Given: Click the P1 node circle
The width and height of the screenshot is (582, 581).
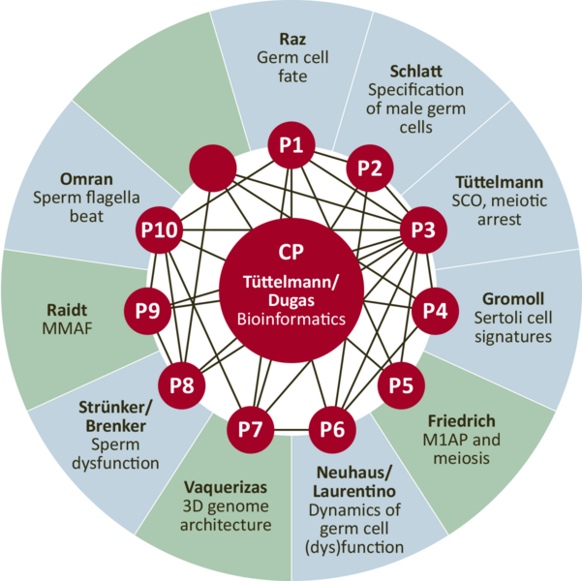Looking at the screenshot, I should click(x=291, y=147).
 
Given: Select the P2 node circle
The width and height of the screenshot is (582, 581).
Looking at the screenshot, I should click(x=369, y=168).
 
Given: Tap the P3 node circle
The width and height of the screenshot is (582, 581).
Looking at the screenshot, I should click(x=423, y=230).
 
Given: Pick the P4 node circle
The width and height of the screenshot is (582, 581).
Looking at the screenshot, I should click(x=435, y=311).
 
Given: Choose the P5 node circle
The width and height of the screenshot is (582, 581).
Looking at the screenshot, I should click(x=400, y=384).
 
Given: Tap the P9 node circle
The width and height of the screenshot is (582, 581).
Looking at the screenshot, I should click(x=148, y=311).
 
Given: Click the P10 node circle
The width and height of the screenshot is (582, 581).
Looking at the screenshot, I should click(x=159, y=229).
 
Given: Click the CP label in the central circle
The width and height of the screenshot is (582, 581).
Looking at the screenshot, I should click(x=291, y=252).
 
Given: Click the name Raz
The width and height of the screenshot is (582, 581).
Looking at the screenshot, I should click(x=291, y=39).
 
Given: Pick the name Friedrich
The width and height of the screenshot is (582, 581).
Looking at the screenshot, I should click(x=461, y=421).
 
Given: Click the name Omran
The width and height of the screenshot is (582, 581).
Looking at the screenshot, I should click(x=86, y=179).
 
